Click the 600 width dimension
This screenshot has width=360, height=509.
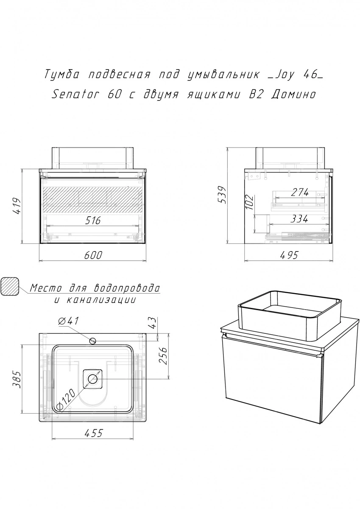tap(93, 255)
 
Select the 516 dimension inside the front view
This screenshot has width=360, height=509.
tap(93, 221)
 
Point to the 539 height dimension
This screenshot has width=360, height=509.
tap(221, 195)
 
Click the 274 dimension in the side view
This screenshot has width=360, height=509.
tap(300, 192)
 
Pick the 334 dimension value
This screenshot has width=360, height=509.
tap(299, 219)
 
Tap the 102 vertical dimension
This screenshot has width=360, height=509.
tap(249, 202)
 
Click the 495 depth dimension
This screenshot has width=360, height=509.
tap(288, 255)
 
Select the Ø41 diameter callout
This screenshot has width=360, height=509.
tap(68, 321)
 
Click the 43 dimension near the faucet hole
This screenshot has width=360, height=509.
tap(153, 323)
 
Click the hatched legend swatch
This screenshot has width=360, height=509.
tap(9, 286)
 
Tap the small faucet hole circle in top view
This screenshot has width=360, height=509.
tap(93, 341)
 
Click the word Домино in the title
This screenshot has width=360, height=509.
tap(293, 95)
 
